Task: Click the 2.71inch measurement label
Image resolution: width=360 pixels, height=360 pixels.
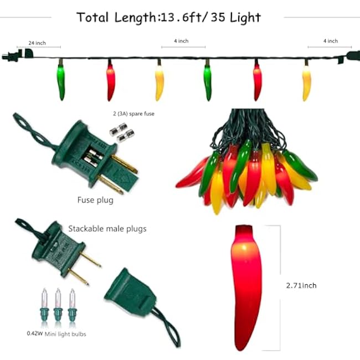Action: (x=301, y=285)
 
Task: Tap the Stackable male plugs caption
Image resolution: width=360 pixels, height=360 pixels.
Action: (x=107, y=228)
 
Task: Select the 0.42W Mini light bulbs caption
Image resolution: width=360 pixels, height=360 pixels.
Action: (x=56, y=334)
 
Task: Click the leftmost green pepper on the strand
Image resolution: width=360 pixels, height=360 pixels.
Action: (x=61, y=82)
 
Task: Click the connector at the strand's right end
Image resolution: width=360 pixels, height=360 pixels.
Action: (x=351, y=56)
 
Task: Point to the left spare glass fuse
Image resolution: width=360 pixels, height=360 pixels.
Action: (x=115, y=131)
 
